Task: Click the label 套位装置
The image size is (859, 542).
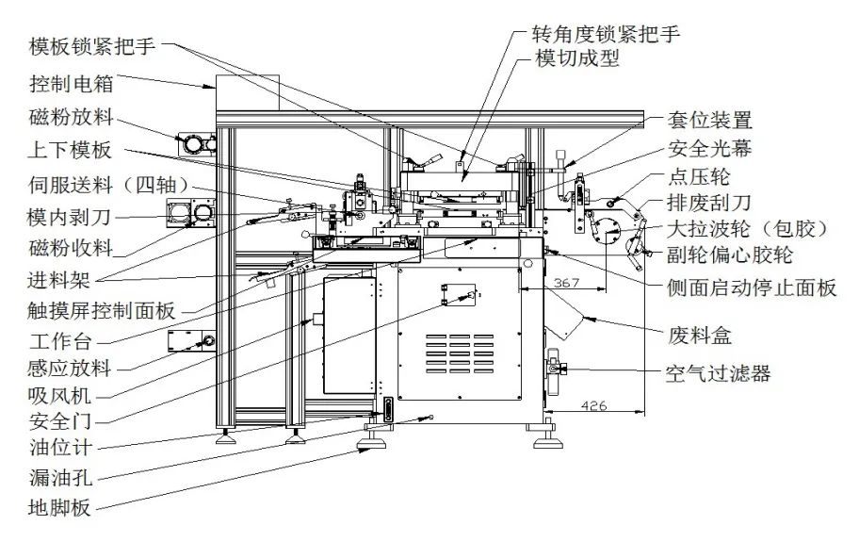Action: [709, 120]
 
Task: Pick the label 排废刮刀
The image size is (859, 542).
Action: [709, 202]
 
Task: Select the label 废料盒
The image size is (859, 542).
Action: [707, 336]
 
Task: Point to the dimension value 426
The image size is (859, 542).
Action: [593, 406]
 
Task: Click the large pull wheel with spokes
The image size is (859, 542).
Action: [605, 226]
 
